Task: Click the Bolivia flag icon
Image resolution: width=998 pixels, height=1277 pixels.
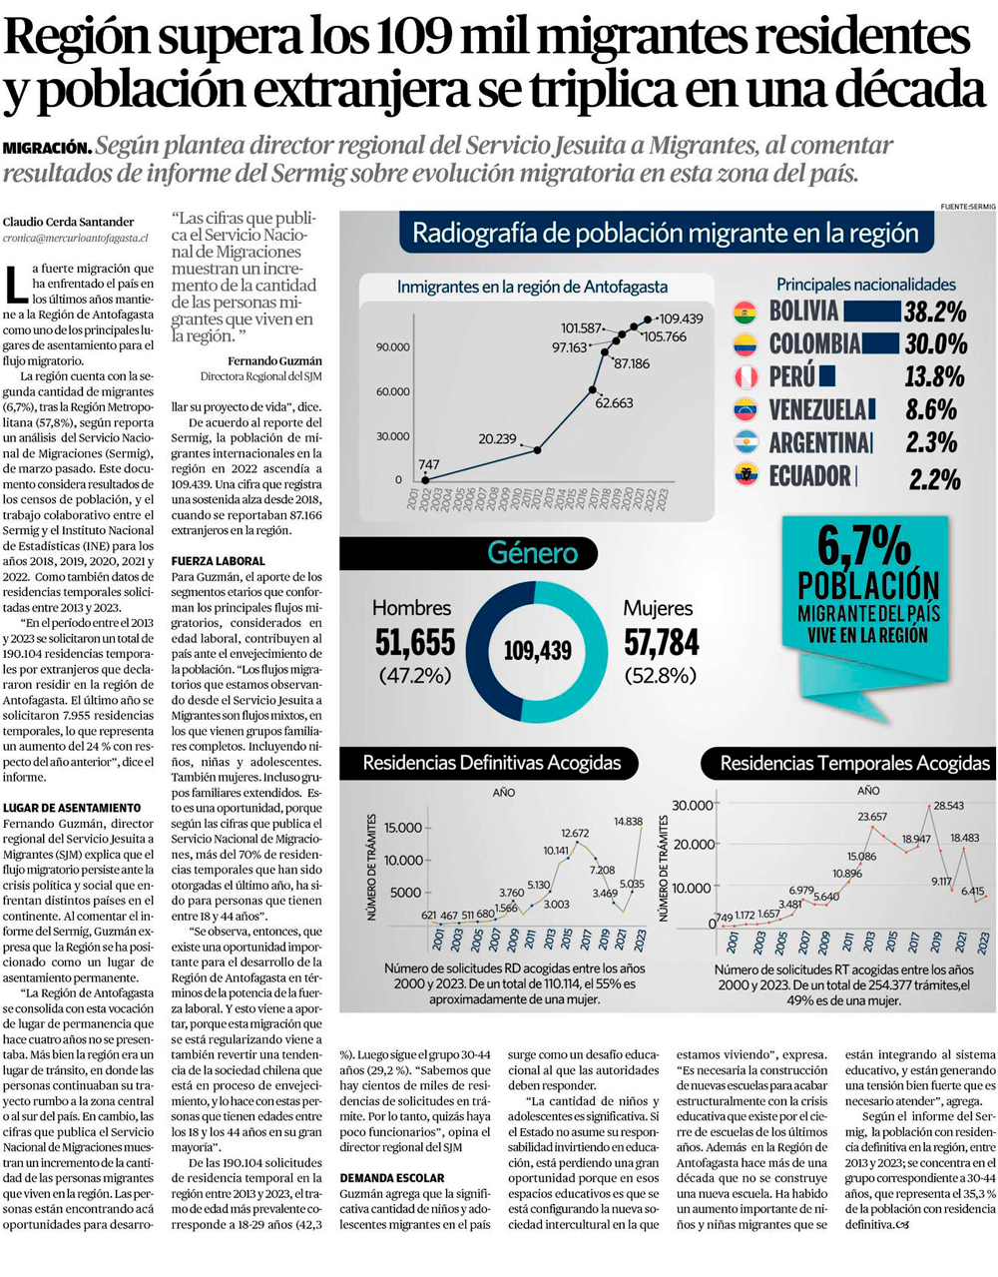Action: tap(745, 314)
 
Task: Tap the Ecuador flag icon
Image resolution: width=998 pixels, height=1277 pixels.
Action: tap(746, 475)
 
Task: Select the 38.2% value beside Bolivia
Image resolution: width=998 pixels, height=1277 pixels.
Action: tap(935, 312)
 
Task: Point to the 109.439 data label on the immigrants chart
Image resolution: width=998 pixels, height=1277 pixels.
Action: tap(681, 319)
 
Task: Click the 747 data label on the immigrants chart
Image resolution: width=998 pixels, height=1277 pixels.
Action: tap(429, 464)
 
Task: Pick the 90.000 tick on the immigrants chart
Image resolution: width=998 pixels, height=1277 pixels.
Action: tap(392, 347)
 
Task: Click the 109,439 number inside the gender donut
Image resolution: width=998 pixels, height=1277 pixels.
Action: tap(537, 651)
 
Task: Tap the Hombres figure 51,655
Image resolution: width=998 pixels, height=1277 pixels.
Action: tap(414, 642)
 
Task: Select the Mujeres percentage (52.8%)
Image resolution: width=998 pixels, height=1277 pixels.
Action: tap(661, 676)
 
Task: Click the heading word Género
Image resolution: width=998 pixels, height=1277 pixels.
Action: tap(532, 553)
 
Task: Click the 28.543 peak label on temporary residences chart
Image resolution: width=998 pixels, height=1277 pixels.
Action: tap(948, 805)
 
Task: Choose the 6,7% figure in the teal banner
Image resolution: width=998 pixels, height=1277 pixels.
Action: tap(864, 547)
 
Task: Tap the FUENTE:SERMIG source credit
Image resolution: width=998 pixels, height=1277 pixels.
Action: tap(967, 207)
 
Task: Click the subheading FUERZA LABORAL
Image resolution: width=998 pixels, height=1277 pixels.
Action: tap(219, 561)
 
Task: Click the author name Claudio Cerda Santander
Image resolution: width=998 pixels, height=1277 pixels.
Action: tap(68, 222)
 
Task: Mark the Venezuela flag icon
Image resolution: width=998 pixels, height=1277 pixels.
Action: tap(745, 409)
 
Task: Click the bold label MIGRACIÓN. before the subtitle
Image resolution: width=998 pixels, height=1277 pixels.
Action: tap(47, 148)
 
